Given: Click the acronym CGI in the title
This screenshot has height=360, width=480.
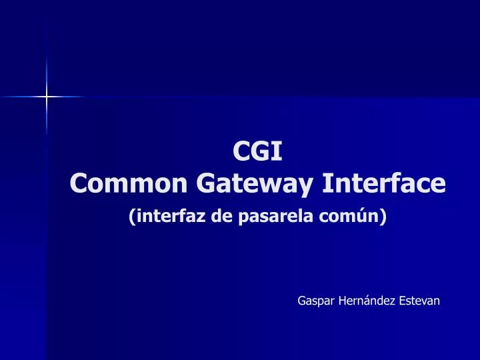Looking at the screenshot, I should pyautogui.click(x=257, y=152).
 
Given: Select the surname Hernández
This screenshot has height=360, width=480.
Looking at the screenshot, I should pyautogui.click(x=367, y=301).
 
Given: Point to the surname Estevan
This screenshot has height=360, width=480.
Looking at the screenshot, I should pyautogui.click(x=419, y=301).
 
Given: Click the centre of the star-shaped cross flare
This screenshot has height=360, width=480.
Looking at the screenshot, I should pyautogui.click(x=47, y=97).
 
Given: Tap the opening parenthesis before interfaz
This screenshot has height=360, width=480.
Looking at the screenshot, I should pyautogui.click(x=131, y=217).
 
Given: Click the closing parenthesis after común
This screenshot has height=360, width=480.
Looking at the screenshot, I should pyautogui.click(x=383, y=217).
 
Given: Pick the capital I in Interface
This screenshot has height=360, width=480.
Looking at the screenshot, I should pyautogui.click(x=326, y=182).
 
